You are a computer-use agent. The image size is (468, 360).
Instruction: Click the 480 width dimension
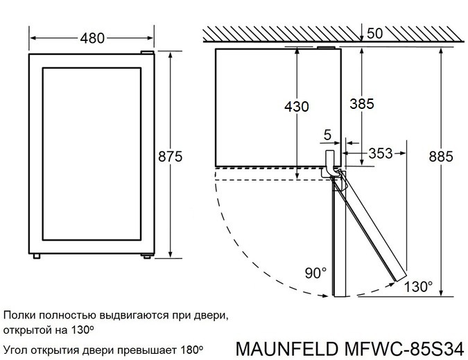pyautogui.click(x=92, y=38)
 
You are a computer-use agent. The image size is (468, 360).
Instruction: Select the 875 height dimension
pyautogui.click(x=169, y=157)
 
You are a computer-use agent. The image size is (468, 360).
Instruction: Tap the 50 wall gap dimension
pyautogui.click(x=375, y=33)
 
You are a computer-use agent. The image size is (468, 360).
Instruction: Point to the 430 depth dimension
pyautogui.click(x=296, y=106)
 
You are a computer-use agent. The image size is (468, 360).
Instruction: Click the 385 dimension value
pyautogui.click(x=361, y=103)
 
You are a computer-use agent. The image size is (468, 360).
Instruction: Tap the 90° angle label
pyautogui.click(x=315, y=273)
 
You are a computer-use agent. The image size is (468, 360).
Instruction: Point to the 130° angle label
pyautogui.click(x=418, y=286)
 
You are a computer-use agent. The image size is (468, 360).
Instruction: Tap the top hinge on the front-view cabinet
pyautogui.click(x=146, y=53)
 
